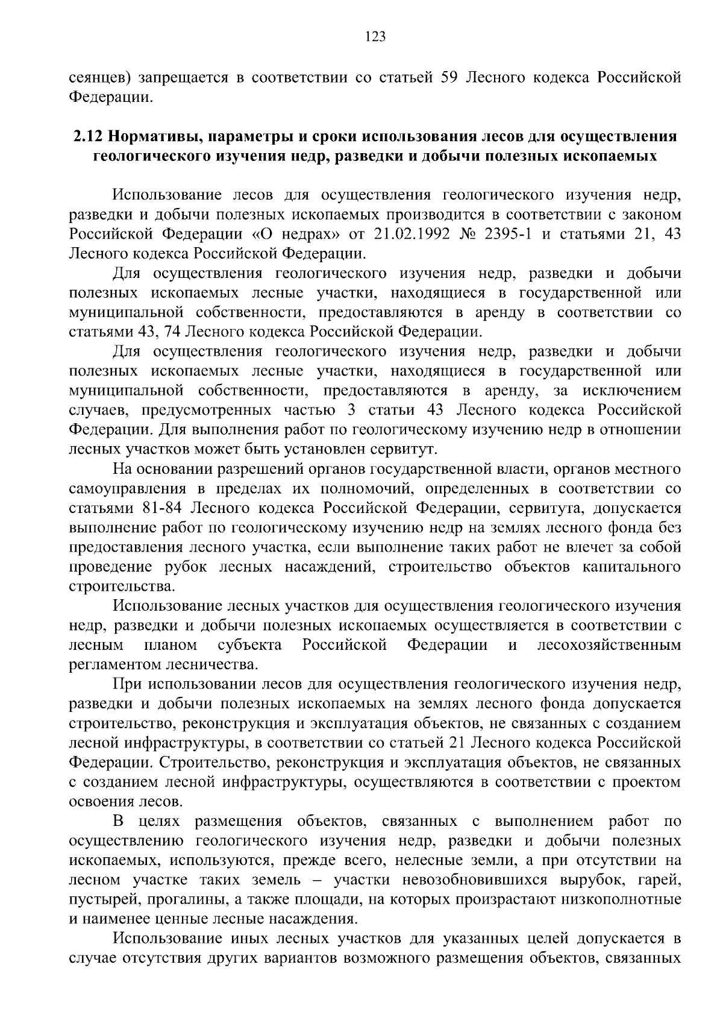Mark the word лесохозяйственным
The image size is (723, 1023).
coord(609,645)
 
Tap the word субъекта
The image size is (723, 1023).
coord(249,645)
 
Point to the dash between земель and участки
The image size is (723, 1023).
coord(318,880)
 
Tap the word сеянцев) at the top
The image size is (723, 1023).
coord(100,78)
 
